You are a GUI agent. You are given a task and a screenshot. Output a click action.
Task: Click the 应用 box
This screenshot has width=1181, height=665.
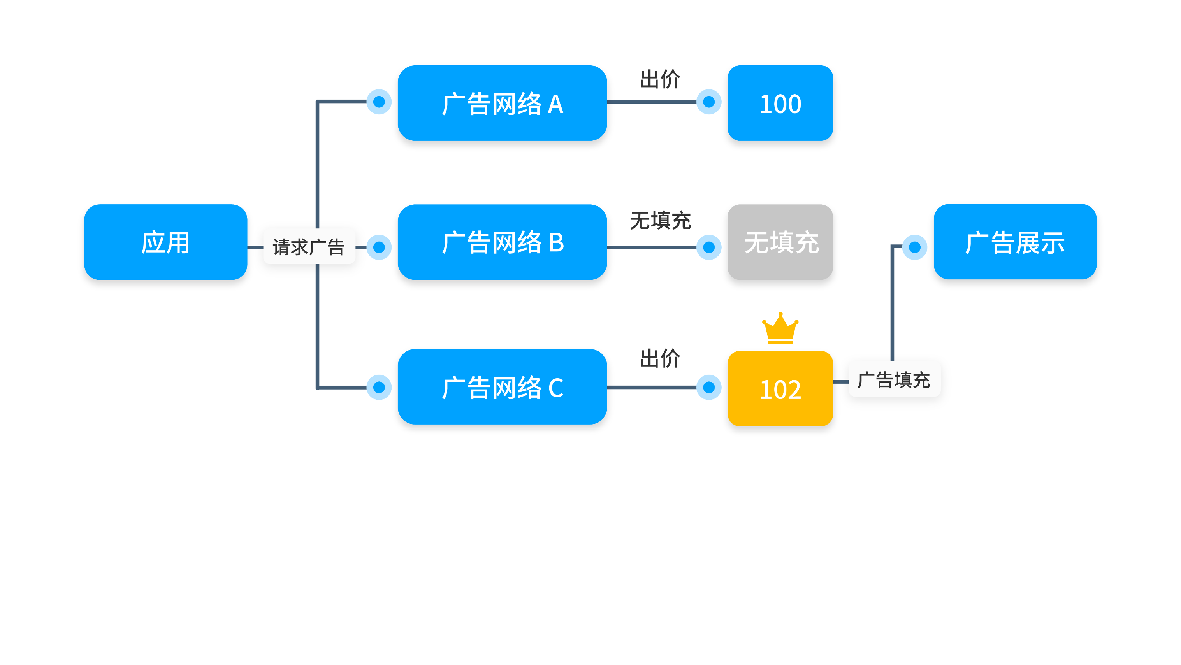pyautogui.click(x=165, y=242)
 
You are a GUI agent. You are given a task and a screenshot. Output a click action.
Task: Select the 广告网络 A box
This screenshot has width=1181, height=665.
pyautogui.click(x=502, y=103)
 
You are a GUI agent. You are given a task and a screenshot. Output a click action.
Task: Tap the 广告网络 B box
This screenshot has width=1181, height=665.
pyautogui.click(x=502, y=242)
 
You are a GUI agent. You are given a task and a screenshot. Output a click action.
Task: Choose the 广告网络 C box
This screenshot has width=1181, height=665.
pyautogui.click(x=502, y=387)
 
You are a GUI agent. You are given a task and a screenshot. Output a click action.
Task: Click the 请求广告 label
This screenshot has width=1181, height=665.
pyautogui.click(x=309, y=247)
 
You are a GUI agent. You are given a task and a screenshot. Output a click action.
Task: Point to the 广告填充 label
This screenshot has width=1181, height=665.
pyautogui.click(x=894, y=380)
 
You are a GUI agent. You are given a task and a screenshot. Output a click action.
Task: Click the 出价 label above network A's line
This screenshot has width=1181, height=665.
pyautogui.click(x=660, y=79)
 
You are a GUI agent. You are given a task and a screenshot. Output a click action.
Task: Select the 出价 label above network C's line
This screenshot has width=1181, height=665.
pyautogui.click(x=660, y=358)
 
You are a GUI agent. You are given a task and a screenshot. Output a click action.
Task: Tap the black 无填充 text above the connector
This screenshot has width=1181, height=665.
pyautogui.click(x=660, y=221)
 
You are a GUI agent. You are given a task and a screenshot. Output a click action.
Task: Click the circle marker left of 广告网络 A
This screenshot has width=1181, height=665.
pyautogui.click(x=379, y=102)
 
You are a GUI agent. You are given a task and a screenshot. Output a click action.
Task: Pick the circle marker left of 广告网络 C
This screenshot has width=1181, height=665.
pyautogui.click(x=379, y=387)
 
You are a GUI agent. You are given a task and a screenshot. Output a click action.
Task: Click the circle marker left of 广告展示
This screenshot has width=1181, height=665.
pyautogui.click(x=914, y=247)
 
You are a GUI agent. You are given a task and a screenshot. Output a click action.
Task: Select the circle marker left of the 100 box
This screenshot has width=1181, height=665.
pyautogui.click(x=708, y=102)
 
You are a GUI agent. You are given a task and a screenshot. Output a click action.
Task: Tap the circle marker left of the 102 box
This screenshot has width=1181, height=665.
pyautogui.click(x=708, y=387)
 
